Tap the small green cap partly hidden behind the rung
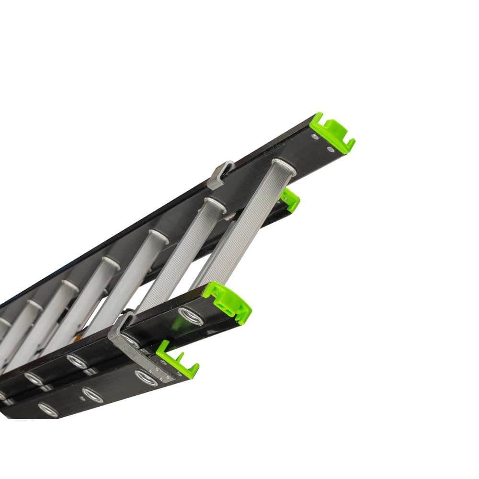[290, 199]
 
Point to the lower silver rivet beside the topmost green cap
[331, 149]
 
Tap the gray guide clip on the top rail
[220, 175]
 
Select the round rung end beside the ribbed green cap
[191, 316]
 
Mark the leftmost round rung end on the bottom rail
[48, 410]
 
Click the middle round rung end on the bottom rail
[92, 395]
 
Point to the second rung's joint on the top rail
[216, 204]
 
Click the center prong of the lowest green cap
[180, 357]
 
